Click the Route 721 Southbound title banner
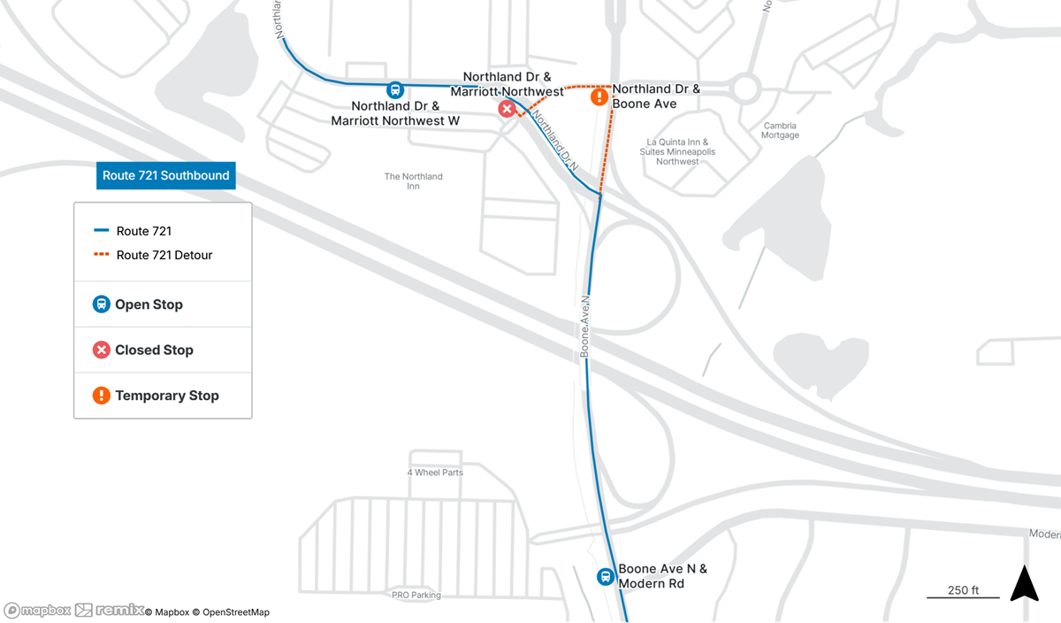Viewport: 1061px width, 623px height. (165, 175)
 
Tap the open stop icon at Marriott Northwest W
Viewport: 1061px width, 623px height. (395, 89)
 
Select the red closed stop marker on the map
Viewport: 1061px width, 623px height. (507, 109)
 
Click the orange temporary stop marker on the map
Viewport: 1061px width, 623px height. (599, 96)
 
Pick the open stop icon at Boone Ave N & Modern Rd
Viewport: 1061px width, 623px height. (606, 576)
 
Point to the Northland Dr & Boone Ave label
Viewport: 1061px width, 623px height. (656, 96)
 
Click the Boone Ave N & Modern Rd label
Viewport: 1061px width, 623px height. (662, 576)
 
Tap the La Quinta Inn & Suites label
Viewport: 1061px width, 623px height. (677, 151)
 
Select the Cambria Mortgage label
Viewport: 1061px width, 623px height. (780, 130)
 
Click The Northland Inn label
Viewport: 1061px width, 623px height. (413, 181)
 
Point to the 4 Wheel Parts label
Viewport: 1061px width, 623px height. (435, 473)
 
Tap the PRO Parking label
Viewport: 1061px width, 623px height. (416, 596)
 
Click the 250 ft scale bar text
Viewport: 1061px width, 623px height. (963, 590)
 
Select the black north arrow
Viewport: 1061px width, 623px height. (1024, 584)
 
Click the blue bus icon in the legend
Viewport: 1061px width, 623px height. (102, 304)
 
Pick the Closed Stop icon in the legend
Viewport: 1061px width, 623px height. (102, 350)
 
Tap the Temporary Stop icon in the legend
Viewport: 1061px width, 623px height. (102, 396)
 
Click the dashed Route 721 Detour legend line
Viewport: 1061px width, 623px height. (102, 255)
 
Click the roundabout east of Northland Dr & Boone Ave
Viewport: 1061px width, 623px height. (744, 88)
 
